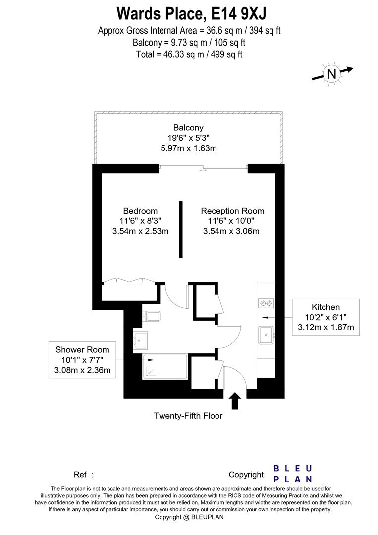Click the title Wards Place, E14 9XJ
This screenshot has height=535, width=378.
189,12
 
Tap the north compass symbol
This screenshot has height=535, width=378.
331,74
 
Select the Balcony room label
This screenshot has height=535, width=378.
189,127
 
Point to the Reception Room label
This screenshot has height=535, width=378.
233,211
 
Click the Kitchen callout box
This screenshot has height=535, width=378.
325,317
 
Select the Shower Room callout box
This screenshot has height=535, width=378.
82,359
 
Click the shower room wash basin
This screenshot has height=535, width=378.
140,340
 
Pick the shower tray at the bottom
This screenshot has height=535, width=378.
164,367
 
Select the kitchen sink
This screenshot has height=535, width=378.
268,335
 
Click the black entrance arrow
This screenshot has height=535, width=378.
235,400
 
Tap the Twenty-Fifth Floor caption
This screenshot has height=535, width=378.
188,416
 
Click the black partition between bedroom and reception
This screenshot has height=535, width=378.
181,229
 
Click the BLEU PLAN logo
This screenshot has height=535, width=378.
293,473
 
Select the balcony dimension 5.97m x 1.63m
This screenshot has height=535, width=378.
189,148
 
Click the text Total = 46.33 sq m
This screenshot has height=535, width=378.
189,54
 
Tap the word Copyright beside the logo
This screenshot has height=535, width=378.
246,475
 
